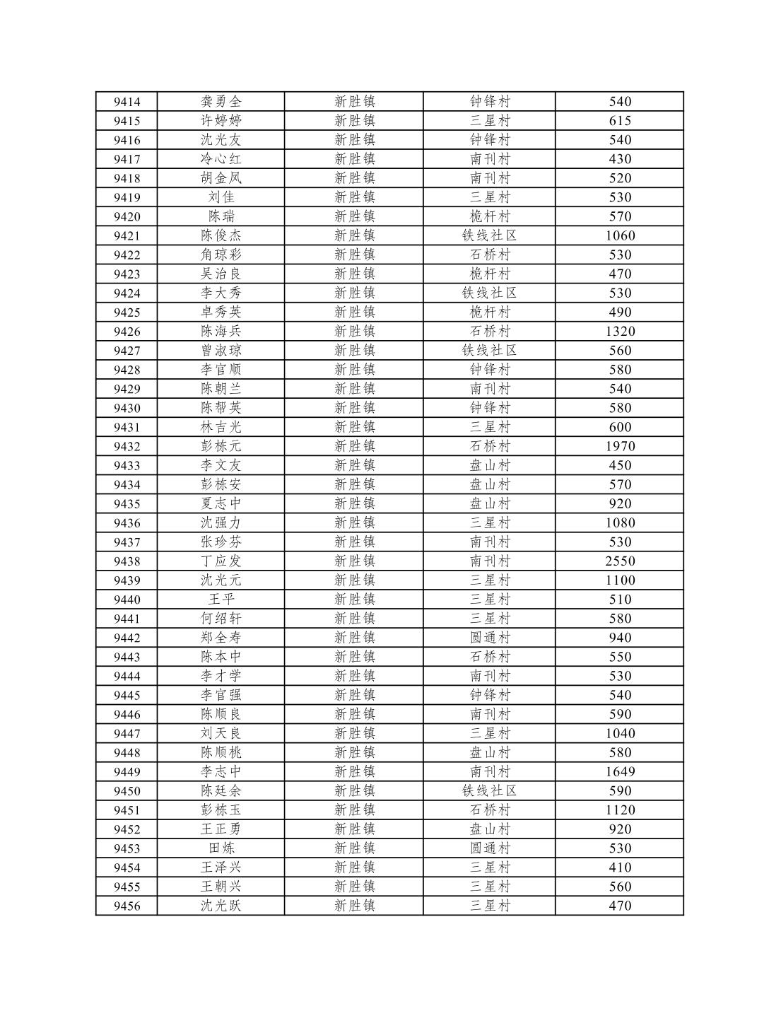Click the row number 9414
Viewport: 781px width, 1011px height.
click(x=127, y=102)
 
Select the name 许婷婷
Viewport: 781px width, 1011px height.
click(x=221, y=121)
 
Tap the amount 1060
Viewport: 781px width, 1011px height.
click(x=620, y=235)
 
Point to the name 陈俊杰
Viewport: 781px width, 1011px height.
click(x=221, y=235)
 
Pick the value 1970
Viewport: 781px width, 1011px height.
click(x=620, y=446)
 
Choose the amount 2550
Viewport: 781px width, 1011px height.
click(x=620, y=561)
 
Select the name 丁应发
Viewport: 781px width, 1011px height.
click(x=221, y=561)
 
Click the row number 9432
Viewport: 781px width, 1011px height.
click(x=127, y=446)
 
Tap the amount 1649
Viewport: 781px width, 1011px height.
click(x=620, y=771)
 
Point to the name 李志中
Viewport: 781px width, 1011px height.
click(x=221, y=771)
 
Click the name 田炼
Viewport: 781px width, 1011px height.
click(x=221, y=848)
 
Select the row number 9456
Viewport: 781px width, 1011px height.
click(x=127, y=906)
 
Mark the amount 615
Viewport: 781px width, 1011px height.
click(x=620, y=121)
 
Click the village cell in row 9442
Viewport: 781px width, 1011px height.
click(x=489, y=638)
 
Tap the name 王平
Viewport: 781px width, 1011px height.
click(x=221, y=600)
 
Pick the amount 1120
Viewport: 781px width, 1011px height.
click(x=620, y=810)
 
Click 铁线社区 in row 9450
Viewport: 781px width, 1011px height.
click(x=489, y=791)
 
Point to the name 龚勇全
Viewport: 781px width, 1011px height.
click(x=221, y=102)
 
